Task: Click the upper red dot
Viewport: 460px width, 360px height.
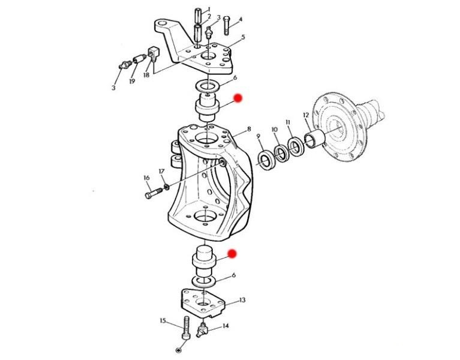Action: point(238,98)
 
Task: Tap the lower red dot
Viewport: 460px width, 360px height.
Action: point(232,254)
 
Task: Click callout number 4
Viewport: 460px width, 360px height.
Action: point(240,20)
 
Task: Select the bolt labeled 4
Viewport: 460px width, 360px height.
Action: point(226,26)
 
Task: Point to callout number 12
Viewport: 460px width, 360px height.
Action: point(306,115)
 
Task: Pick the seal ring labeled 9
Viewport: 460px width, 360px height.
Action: point(266,160)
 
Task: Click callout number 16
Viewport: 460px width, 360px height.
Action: point(147,178)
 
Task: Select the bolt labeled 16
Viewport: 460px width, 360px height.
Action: point(154,193)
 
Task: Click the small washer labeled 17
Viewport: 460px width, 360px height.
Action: point(167,187)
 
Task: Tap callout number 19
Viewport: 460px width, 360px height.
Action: point(132,81)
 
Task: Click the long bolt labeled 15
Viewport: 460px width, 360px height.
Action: point(187,328)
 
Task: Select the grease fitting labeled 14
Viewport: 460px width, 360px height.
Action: point(203,330)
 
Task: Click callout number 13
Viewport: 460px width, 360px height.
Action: point(242,300)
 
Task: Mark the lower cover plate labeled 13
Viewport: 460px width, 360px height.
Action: point(203,303)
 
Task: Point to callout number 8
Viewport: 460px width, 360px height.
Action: point(249,129)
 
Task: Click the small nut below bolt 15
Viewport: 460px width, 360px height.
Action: point(178,350)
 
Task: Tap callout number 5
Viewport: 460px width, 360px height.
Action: point(243,37)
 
